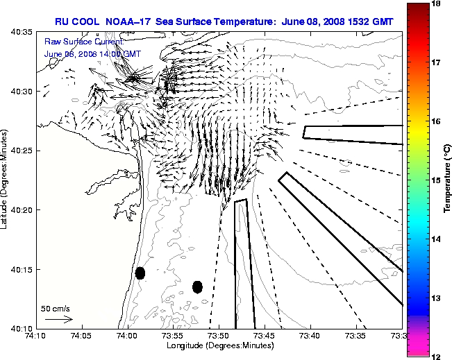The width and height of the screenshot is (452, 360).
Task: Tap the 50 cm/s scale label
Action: point(56,309)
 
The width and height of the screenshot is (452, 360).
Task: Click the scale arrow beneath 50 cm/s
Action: point(58,319)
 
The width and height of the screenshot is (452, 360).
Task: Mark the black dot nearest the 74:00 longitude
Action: point(140,273)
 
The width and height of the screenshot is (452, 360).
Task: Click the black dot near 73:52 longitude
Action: point(197,286)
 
